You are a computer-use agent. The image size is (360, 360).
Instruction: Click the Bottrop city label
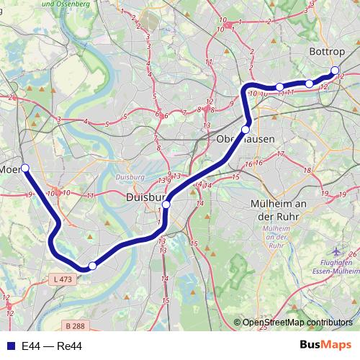(328, 53)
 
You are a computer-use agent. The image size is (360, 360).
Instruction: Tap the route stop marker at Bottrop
(335, 71)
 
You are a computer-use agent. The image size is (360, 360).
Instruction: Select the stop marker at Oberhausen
(246, 130)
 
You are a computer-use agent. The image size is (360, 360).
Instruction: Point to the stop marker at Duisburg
(166, 205)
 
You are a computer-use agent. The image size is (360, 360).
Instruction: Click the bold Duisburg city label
(146, 197)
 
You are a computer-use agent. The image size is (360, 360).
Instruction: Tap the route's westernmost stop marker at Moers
(25, 168)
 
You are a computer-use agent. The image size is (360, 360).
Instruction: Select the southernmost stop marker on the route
(92, 266)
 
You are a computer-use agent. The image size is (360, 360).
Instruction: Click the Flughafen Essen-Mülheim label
(338, 269)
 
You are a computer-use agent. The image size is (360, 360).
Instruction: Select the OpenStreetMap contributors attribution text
(298, 323)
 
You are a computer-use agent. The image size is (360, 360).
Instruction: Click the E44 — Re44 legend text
(52, 346)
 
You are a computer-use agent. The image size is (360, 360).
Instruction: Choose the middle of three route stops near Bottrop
(310, 84)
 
